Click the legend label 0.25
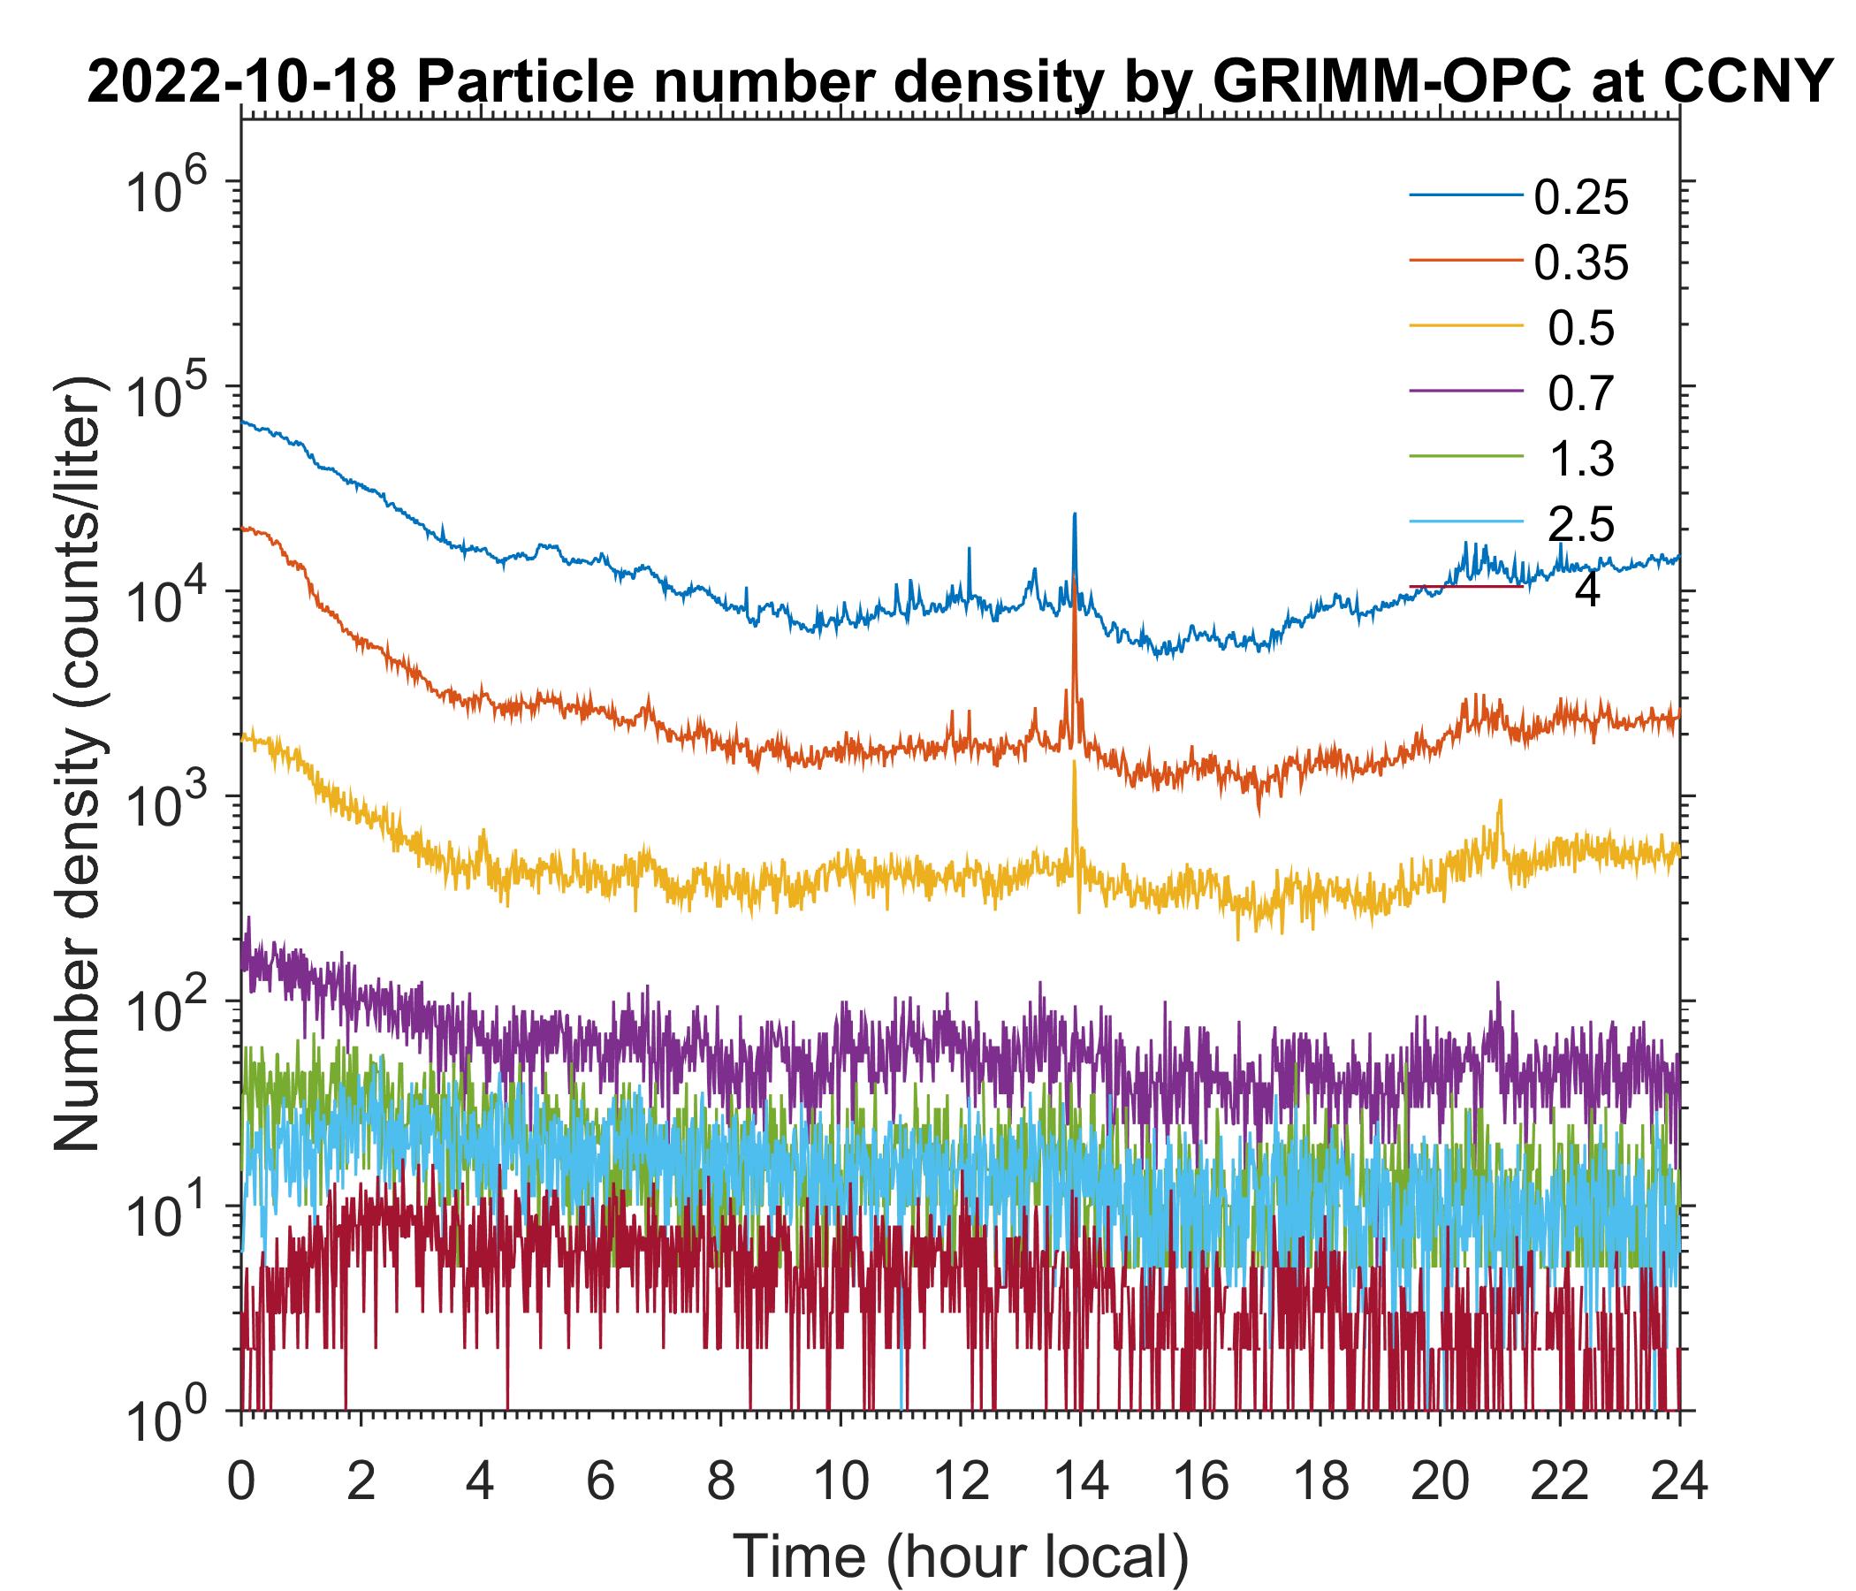pos(1580,198)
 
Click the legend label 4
pos(1586,591)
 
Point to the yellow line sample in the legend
pos(1465,328)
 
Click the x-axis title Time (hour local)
pos(960,1557)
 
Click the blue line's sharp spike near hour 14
pos(1074,515)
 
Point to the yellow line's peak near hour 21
pos(1500,802)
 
